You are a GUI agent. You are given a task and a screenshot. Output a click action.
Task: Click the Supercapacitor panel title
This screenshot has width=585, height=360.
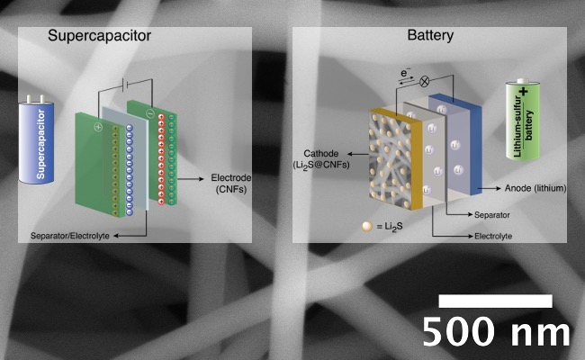click(99, 36)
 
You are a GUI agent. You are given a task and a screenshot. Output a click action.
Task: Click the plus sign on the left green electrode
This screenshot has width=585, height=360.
click(98, 127)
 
